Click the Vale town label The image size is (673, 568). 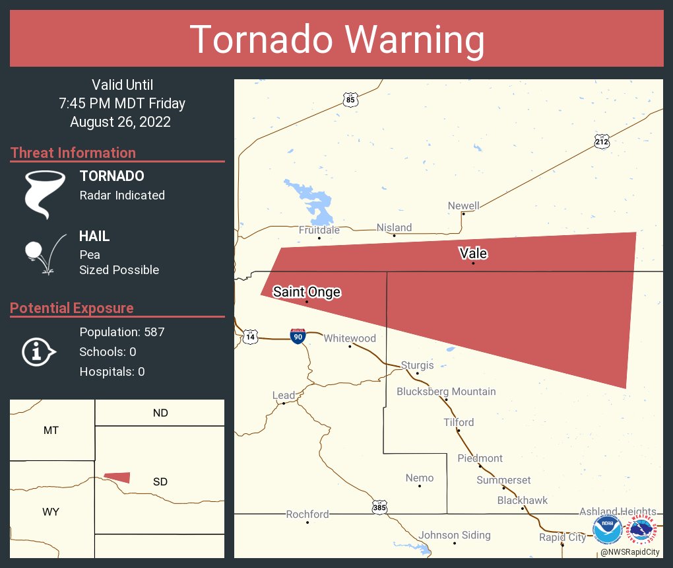(473, 253)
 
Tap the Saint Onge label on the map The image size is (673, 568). (307, 291)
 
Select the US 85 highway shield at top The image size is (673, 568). (351, 100)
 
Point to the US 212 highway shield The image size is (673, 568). (601, 141)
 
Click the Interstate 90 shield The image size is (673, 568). (297, 336)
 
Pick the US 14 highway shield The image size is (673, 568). (250, 337)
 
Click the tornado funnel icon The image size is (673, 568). (45, 194)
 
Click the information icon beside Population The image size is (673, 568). (38, 351)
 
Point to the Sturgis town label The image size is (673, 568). (417, 365)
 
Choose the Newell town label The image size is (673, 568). (463, 205)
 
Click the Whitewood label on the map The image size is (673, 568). (349, 338)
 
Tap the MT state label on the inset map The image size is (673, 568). (51, 430)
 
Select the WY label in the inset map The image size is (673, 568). (51, 512)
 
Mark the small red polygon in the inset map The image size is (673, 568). (118, 477)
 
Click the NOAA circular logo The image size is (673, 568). (607, 530)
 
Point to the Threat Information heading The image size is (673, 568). (73, 153)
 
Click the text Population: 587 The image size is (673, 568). (121, 332)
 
